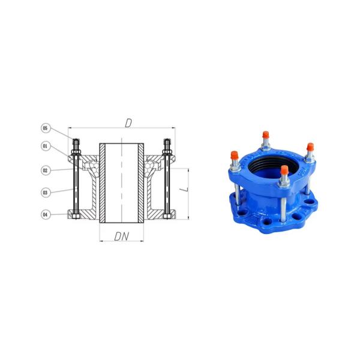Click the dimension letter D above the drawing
pyautogui.click(x=127, y=122)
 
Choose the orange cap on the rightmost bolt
pyautogui.click(x=310, y=148)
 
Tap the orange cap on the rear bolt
pyautogui.click(x=264, y=134)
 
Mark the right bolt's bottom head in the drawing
pyautogui.click(x=167, y=214)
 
